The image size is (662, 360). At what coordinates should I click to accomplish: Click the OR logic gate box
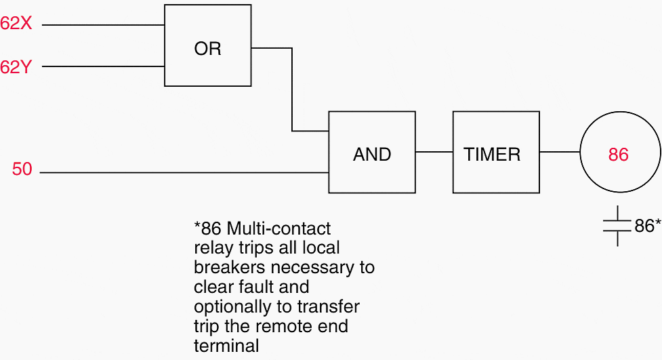click(x=207, y=45)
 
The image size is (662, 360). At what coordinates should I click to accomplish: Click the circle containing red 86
click(x=618, y=154)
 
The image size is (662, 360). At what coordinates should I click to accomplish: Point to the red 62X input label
click(x=16, y=23)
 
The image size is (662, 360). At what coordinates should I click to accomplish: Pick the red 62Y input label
click(x=16, y=66)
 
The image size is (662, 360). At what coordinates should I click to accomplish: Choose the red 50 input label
click(x=22, y=169)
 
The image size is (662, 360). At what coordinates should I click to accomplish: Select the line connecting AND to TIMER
click(x=434, y=152)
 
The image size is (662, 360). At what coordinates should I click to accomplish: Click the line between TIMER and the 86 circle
click(x=560, y=152)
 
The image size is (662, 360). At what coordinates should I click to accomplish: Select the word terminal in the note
click(x=226, y=346)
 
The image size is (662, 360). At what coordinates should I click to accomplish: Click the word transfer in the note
click(x=331, y=306)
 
